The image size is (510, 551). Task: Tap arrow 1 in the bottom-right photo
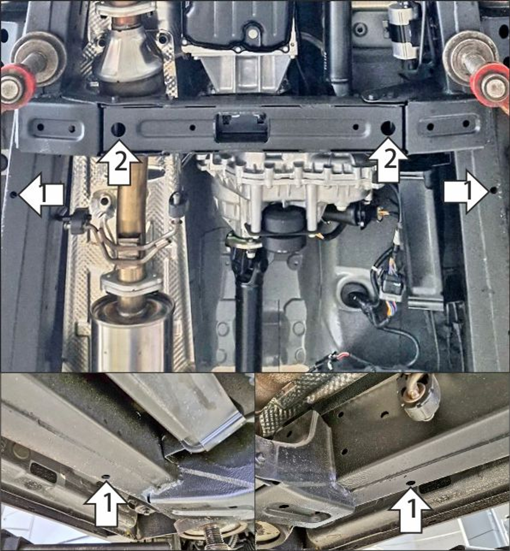pos(411,510)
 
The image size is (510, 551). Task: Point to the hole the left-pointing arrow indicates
pos(13,194)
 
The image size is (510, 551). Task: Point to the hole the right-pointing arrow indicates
pos(493,190)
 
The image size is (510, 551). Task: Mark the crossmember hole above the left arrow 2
pos(118,129)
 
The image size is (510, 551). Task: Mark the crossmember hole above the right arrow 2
pos(388,127)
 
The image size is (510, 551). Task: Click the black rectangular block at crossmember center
pos(242,127)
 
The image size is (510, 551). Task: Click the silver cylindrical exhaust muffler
pos(132,331)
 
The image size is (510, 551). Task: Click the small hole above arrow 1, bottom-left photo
pos(106,477)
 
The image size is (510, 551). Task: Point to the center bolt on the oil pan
pos(252,33)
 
